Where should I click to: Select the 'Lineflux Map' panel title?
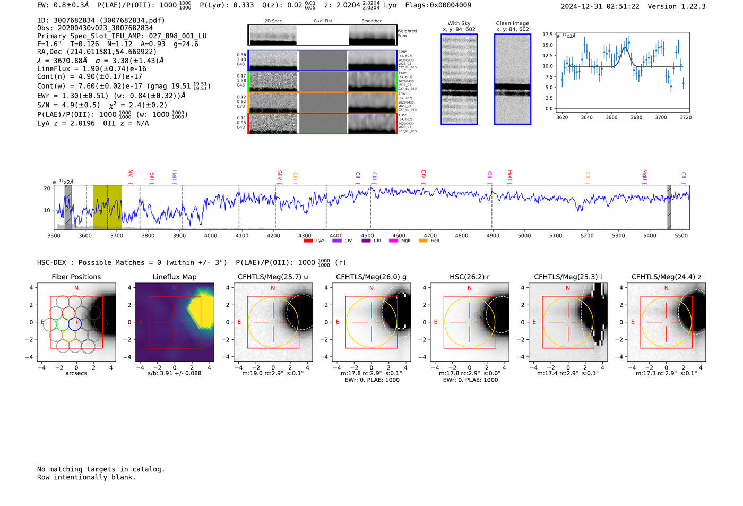pos(174,277)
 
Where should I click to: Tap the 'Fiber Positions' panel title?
pos(76,277)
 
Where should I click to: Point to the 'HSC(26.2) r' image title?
pos(469,277)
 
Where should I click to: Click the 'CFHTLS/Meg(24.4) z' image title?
pos(666,277)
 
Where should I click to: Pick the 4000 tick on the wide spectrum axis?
pos(211,235)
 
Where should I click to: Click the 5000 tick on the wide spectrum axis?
pos(524,235)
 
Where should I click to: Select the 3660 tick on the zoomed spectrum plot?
pos(611,117)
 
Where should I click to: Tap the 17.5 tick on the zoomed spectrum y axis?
pos(547,35)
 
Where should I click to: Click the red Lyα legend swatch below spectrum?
pos(308,241)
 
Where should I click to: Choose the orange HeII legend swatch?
pos(423,241)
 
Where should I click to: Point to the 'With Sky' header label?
pos(459,23)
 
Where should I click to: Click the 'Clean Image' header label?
pos(512,23)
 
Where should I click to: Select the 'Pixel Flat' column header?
pos(323,21)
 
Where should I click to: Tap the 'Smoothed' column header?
pos(371,21)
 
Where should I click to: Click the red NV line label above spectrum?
pos(131,174)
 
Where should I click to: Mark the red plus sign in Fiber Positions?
pos(76,322)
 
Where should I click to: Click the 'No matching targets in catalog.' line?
pos(101,469)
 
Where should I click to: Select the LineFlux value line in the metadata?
pos(91,68)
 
